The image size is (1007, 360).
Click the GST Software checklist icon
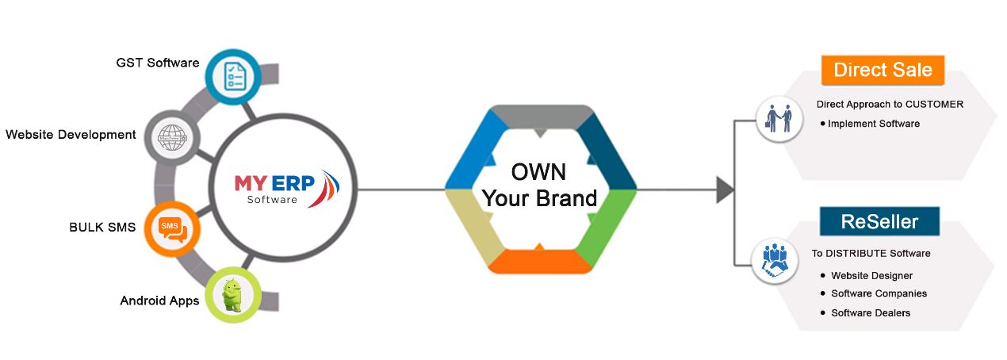(233, 77)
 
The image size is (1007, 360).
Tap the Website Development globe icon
(172, 137)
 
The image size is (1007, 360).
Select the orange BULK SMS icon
(172, 228)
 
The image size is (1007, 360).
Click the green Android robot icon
(233, 294)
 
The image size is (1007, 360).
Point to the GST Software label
(158, 63)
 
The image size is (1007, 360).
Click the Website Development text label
(71, 134)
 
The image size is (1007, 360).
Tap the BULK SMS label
(102, 227)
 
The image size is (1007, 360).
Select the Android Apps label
(159, 301)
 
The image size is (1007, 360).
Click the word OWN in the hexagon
(538, 172)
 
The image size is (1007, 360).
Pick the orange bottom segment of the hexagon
(540, 261)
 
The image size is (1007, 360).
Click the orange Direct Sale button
(883, 70)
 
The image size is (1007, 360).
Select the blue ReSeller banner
(880, 221)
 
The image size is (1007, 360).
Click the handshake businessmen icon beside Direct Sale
(779, 119)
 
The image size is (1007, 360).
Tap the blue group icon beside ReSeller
(775, 261)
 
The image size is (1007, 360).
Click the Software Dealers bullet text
(871, 312)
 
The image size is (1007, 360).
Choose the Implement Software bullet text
(874, 124)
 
